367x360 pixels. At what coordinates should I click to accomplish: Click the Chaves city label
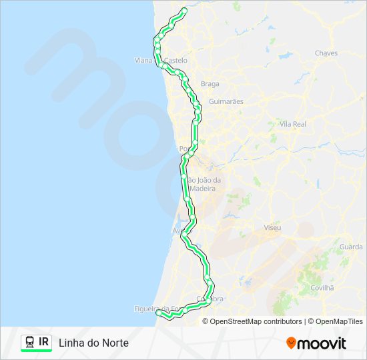(x=326, y=53)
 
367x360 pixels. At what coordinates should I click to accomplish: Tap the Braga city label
(x=210, y=84)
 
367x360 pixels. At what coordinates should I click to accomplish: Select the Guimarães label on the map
(x=226, y=101)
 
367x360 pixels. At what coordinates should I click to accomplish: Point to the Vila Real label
(x=293, y=124)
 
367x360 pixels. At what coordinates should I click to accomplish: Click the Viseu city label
(x=272, y=228)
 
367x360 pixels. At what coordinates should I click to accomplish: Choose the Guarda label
(x=351, y=247)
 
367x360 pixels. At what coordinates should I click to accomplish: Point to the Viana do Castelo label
(x=161, y=60)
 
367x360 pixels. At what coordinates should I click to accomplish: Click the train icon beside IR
(x=30, y=342)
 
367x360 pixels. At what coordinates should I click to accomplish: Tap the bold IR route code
(x=44, y=342)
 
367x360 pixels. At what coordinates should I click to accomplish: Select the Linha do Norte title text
(x=93, y=343)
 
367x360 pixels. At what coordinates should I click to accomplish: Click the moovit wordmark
(x=322, y=343)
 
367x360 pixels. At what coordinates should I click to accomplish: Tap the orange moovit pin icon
(x=291, y=343)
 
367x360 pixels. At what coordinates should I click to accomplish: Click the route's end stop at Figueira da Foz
(x=159, y=312)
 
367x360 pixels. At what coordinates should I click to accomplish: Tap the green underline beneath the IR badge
(x=36, y=351)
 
